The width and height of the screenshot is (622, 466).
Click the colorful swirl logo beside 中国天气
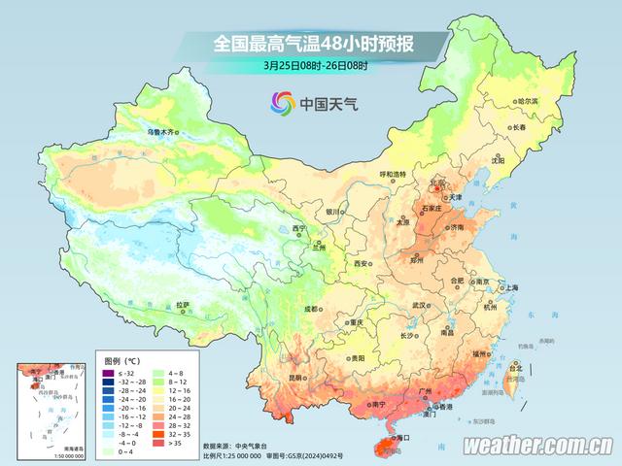(282, 102)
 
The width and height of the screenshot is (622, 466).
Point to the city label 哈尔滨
(526, 101)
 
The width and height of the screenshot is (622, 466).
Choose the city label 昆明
(295, 378)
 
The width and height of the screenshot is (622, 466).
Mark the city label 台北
(516, 368)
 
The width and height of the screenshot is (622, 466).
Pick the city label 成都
(311, 309)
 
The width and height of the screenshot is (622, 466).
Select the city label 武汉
(419, 305)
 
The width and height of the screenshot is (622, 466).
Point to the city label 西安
(362, 263)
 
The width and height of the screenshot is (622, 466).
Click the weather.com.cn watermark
(536, 446)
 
